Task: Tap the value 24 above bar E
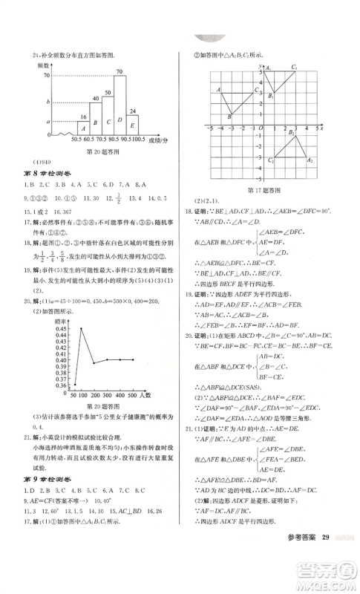click(x=133, y=111)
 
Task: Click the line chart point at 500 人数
click(x=132, y=360)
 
